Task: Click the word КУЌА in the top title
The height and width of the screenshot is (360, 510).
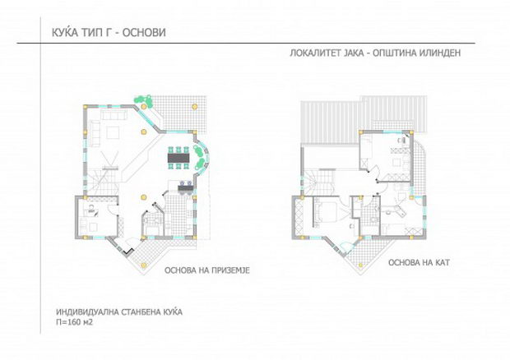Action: [x=65, y=33]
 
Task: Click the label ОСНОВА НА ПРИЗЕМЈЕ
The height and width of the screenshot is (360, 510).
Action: [x=207, y=270]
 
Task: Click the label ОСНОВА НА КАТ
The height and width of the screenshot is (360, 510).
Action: [x=419, y=262]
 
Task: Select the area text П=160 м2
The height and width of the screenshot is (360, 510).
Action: [x=75, y=322]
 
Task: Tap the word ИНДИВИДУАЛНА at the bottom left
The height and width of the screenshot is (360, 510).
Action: [x=86, y=312]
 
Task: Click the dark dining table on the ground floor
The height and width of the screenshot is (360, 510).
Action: [x=178, y=158]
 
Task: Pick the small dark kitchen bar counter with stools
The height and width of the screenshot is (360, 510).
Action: [x=185, y=187]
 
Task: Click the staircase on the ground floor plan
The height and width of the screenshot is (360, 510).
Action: [x=101, y=182]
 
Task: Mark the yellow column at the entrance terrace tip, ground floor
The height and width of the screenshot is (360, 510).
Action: [x=142, y=265]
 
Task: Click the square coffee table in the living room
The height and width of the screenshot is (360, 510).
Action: [x=113, y=132]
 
